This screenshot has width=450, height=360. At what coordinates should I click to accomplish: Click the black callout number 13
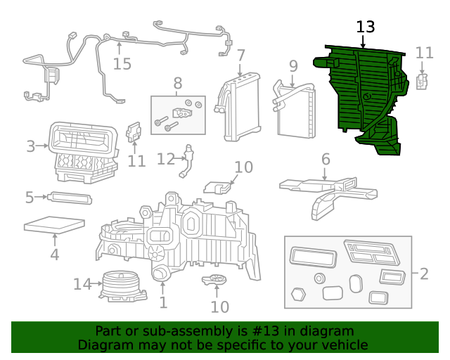coord(366,27)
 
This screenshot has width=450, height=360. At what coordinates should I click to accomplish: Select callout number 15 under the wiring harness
coord(122,64)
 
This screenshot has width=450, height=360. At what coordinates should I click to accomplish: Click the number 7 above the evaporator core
coord(240,56)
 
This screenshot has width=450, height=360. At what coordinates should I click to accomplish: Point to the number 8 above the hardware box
coord(177,83)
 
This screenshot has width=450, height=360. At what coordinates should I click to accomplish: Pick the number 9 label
coord(293,67)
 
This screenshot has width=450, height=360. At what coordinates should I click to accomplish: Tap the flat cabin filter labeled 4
coord(54,226)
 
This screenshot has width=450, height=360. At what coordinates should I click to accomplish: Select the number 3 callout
coord(31,147)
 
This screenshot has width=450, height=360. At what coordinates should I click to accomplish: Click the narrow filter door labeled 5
coord(70,198)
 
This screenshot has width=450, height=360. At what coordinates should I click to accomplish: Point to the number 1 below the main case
coord(163,303)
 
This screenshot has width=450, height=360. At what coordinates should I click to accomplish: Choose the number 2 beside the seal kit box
coord(423,274)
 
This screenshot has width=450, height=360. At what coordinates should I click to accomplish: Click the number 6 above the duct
coord(325,160)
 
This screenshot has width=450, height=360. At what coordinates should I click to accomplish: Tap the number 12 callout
coord(165,160)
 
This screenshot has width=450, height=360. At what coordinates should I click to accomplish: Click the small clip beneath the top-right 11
coord(423,82)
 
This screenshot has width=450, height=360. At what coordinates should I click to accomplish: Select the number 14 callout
coord(82,285)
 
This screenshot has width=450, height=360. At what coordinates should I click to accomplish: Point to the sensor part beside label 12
coord(187,161)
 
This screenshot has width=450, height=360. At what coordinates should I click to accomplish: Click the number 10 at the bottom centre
coord(219,307)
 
